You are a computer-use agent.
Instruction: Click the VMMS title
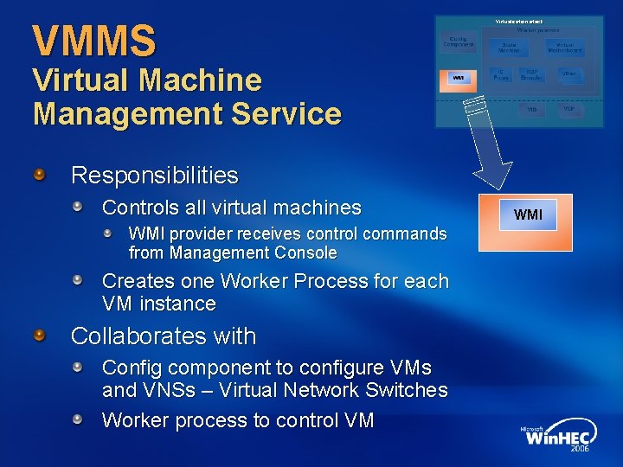[94, 41]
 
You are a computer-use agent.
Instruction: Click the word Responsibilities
[154, 176]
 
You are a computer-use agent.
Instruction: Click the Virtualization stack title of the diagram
[520, 20]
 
